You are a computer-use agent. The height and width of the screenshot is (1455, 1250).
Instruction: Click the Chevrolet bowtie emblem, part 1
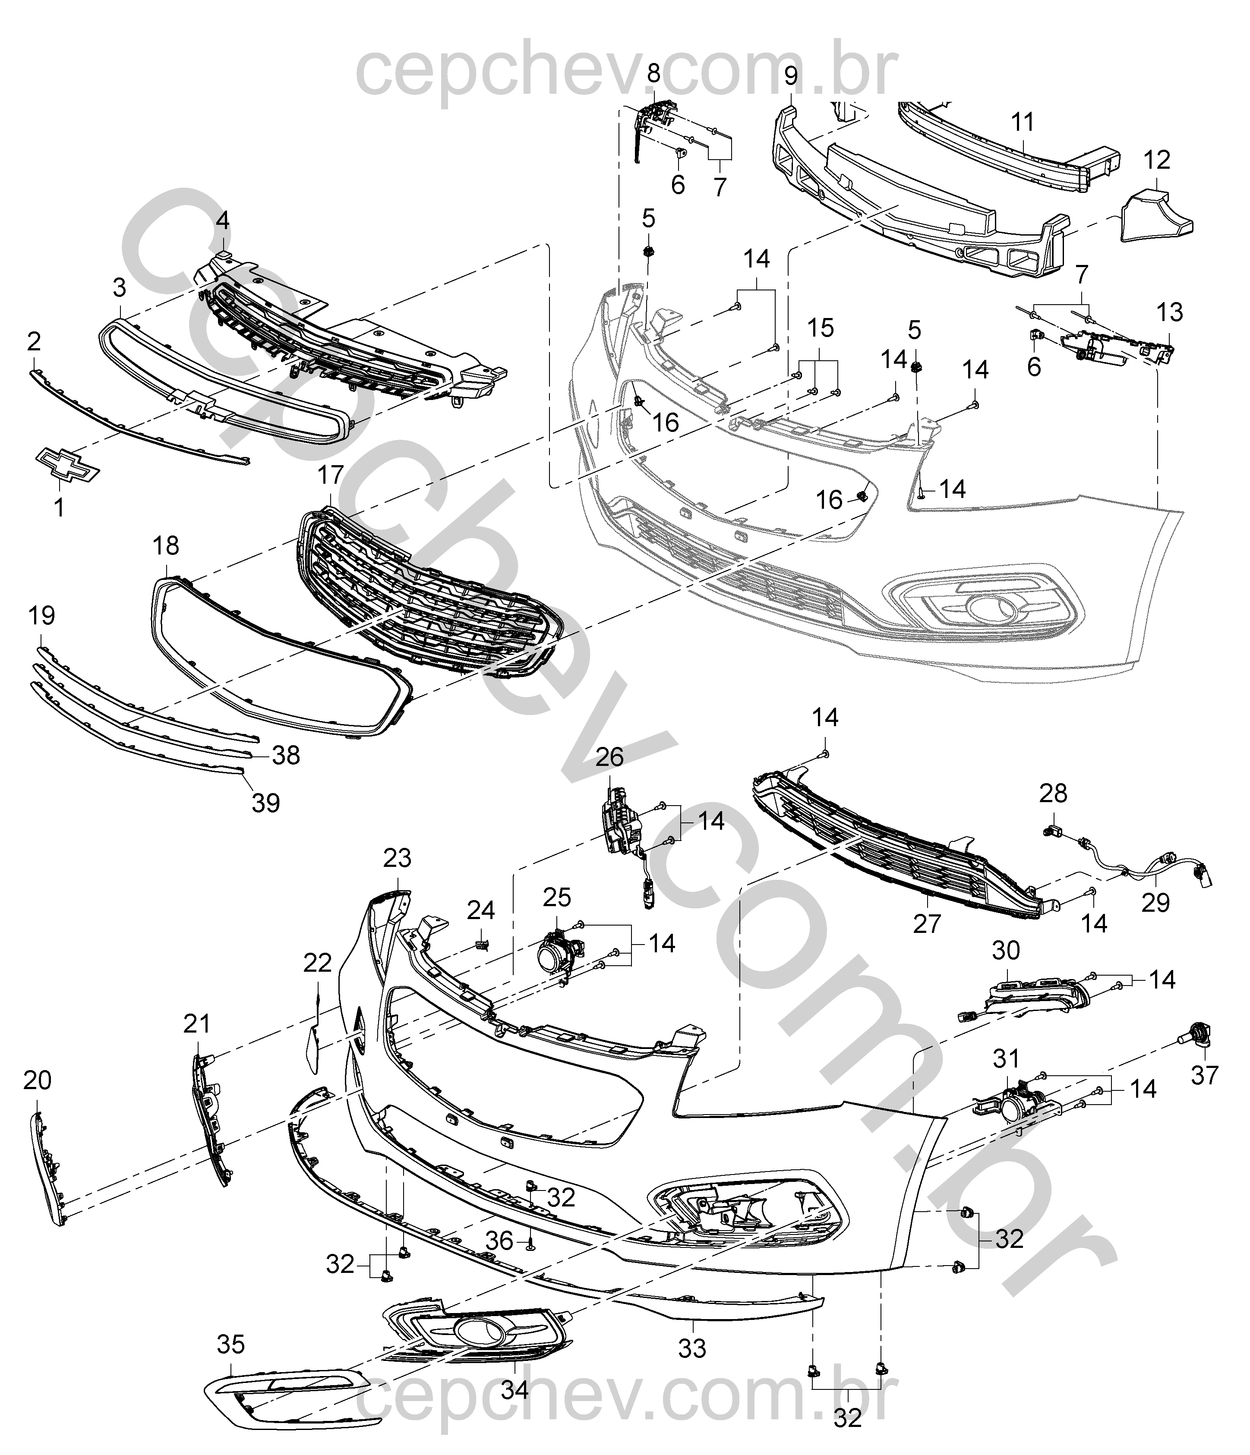66,465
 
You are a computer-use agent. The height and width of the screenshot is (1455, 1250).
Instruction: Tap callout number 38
286,756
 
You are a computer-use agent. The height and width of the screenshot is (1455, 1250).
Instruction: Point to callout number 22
317,963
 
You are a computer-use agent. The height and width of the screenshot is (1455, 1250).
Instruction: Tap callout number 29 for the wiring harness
1155,902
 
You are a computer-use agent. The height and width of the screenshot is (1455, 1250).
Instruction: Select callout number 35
230,1344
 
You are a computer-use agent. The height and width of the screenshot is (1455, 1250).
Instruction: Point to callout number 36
499,1260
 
